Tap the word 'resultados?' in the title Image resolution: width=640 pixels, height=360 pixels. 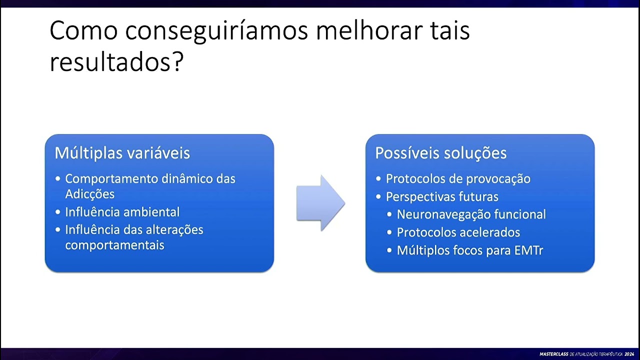tap(117, 63)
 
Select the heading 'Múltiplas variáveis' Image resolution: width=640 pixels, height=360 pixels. tap(122, 153)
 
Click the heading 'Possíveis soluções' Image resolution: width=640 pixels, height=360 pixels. tap(441, 153)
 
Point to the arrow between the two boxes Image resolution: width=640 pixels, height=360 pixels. tap(320, 203)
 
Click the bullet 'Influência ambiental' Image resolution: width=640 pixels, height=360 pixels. tap(122, 212)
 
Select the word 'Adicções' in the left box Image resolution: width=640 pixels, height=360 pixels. tap(89, 194)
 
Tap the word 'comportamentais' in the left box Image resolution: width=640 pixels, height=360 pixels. tap(114, 245)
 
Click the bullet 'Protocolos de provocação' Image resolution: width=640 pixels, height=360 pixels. tap(458, 179)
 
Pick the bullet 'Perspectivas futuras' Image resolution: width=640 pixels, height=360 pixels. tap(442, 197)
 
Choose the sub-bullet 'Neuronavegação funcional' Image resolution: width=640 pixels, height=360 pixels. tap(471, 214)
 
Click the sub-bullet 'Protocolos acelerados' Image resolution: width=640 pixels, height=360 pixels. tap(458, 232)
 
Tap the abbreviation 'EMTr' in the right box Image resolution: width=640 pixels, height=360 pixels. tap(528, 250)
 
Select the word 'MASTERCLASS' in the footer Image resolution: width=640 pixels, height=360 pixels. tap(553, 354)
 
